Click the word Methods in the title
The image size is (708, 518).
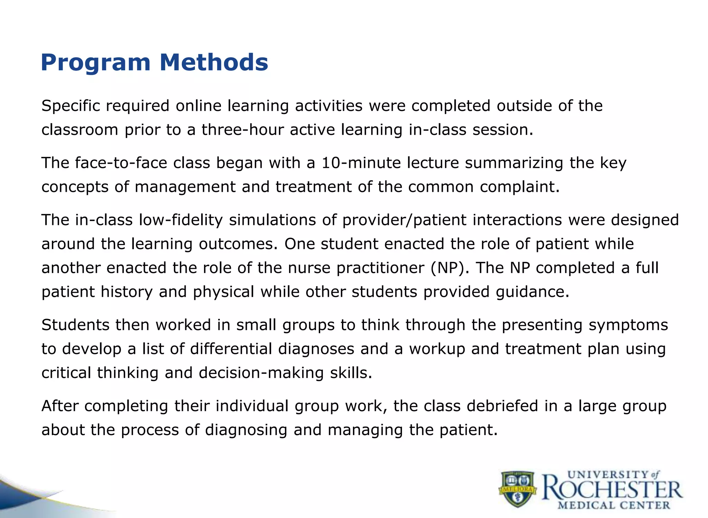pos(214,63)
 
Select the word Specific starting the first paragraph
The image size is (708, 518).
pos(71,106)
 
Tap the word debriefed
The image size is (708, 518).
pos(502,406)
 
